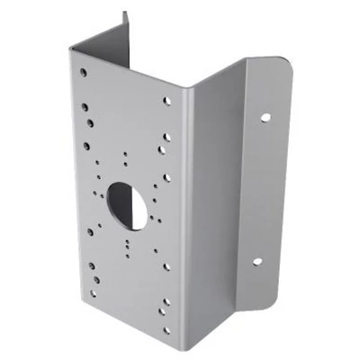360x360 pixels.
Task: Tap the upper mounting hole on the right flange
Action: [x=266, y=117]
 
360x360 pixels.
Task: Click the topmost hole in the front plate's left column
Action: [x=83, y=71]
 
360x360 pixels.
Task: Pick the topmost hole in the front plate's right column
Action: [x=167, y=101]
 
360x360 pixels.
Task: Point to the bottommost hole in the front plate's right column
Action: [x=166, y=329]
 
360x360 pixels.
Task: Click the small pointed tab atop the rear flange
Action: [x=124, y=19]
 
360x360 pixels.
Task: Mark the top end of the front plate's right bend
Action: [x=188, y=90]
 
